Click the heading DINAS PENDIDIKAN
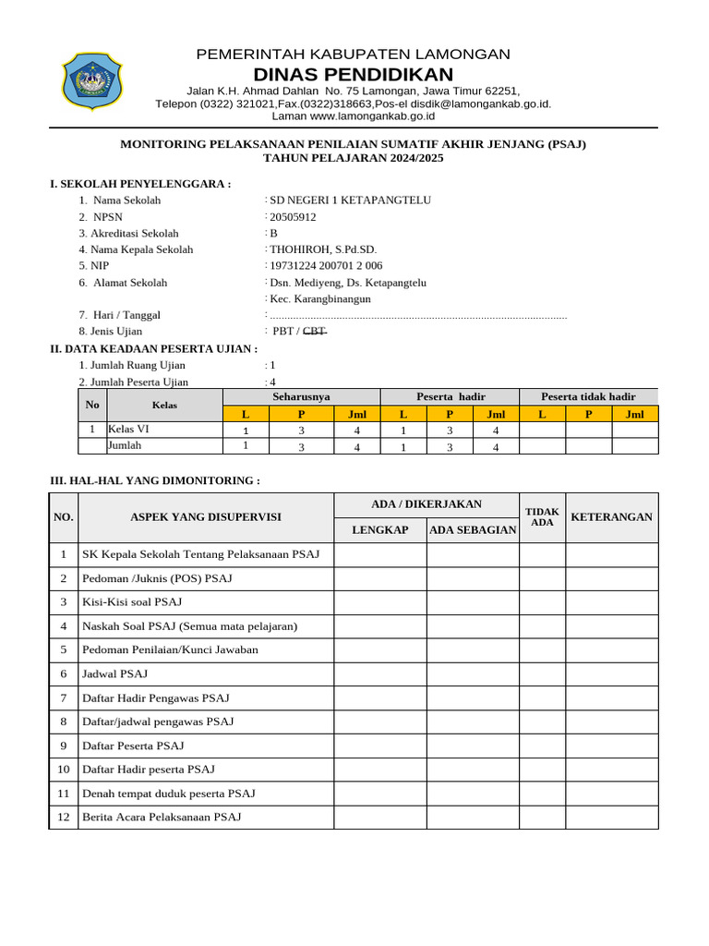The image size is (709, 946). click(x=354, y=74)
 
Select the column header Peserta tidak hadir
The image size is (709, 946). click(x=588, y=396)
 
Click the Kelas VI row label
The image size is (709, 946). click(x=128, y=429)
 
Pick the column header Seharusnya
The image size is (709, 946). click(x=301, y=396)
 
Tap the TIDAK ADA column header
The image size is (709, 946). click(x=542, y=517)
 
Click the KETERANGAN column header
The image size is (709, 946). click(x=611, y=517)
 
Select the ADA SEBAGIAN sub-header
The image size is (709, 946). click(x=473, y=530)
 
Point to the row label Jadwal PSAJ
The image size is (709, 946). click(x=115, y=674)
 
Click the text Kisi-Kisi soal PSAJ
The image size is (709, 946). click(x=132, y=602)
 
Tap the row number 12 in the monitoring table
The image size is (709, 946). click(x=64, y=817)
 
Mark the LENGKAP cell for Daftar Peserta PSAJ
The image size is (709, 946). click(x=379, y=746)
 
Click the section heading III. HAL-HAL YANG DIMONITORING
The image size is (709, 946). click(x=154, y=481)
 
